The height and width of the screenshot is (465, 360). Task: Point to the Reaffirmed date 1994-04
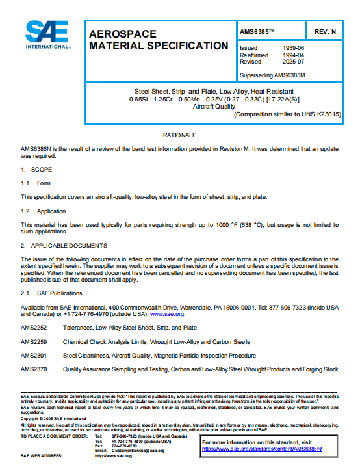tap(294, 55)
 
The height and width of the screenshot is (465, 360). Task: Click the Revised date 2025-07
tap(294, 62)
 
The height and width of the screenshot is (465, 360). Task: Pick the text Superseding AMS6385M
tap(272, 75)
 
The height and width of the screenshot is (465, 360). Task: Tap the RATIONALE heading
tap(179, 135)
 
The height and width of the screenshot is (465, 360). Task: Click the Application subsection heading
tap(51, 211)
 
